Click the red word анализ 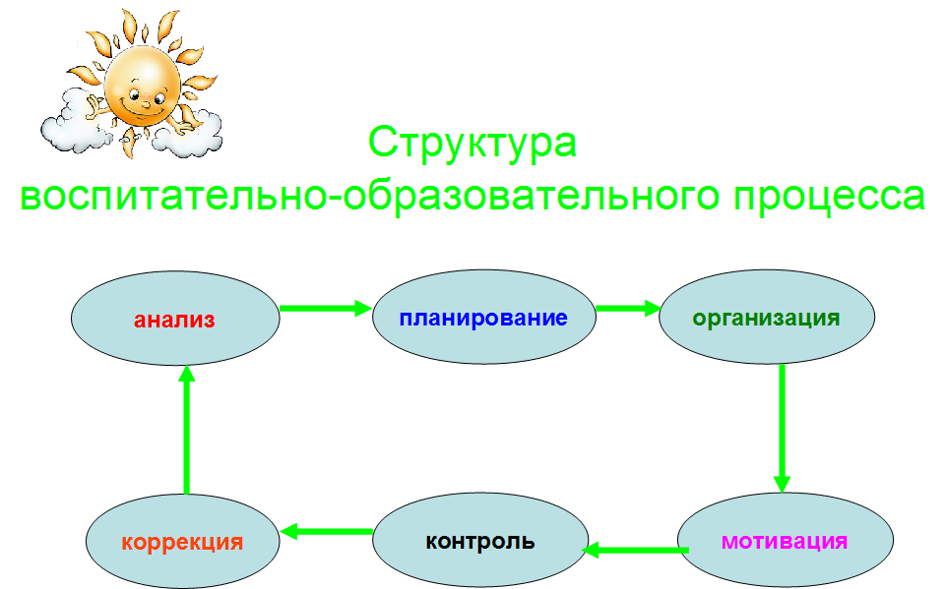[x=174, y=320]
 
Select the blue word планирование [x=483, y=319]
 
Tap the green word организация [x=766, y=319]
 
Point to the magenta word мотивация [x=785, y=542]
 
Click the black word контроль [x=480, y=542]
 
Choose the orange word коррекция [x=182, y=543]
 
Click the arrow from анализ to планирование [x=326, y=308]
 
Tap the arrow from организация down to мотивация [x=782, y=429]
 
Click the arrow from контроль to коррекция [x=327, y=531]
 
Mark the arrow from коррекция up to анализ [x=187, y=430]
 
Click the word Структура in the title [x=473, y=143]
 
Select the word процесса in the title [x=829, y=196]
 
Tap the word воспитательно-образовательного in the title [x=370, y=196]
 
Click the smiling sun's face [x=143, y=87]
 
